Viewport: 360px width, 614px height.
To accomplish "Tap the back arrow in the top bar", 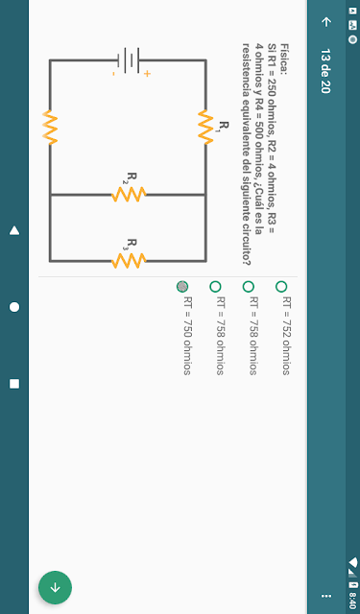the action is tap(325, 21).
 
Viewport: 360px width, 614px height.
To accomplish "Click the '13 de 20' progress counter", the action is tap(325, 71).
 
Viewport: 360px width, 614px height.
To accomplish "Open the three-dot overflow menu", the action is tap(325, 596).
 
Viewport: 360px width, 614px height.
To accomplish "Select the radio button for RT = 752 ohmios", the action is tap(281, 287).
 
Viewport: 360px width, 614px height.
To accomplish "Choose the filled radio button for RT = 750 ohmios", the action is tap(182, 287).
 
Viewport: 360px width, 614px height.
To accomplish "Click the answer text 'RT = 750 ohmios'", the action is tap(187, 336).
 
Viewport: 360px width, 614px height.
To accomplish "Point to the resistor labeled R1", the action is tap(205, 128).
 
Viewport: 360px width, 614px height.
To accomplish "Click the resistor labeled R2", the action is tap(129, 194).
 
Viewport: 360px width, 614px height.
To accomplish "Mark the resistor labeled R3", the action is tap(129, 260).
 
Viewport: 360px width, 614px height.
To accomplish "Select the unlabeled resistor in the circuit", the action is tap(50, 128).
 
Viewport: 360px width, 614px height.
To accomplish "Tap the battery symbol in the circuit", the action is tap(128, 60).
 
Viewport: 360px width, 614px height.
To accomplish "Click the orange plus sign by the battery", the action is tap(147, 74).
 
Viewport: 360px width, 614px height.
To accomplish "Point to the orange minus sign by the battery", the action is tap(113, 74).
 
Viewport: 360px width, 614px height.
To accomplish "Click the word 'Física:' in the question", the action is tap(284, 59).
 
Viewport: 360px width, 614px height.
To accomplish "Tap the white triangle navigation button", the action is tap(14, 230).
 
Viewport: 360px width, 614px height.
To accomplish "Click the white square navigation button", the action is tap(14, 384).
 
